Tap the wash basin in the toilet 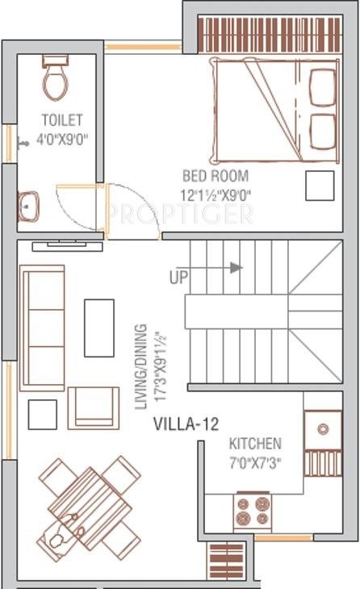(x=28, y=207)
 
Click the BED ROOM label (x=215, y=176)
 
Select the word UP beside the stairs (x=181, y=277)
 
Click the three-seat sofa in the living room (x=42, y=328)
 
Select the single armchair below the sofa (x=93, y=407)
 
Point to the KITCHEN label (x=255, y=444)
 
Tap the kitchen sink (x=322, y=428)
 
